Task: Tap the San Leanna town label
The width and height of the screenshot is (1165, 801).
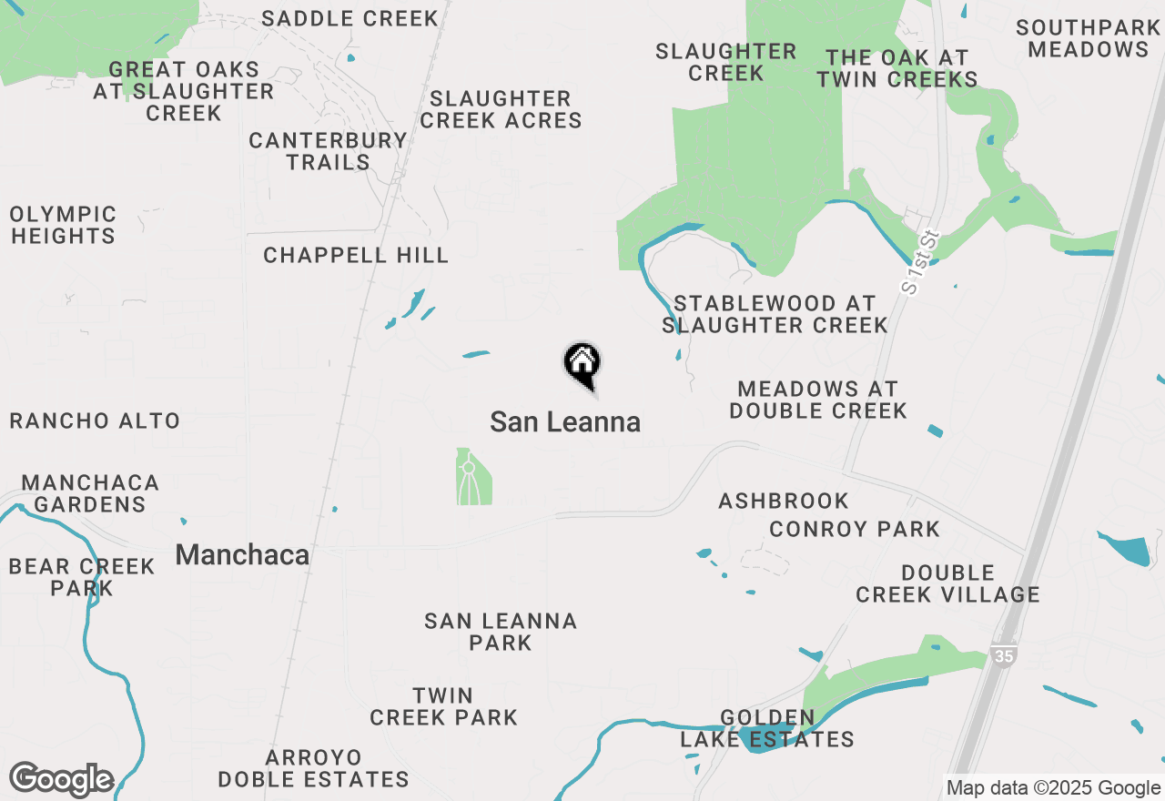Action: click(565, 422)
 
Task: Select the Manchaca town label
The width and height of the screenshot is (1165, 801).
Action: click(242, 555)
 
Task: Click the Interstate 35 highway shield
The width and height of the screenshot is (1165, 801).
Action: click(1003, 655)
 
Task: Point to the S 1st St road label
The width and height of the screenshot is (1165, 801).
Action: click(920, 262)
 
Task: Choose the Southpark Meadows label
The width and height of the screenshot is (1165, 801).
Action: click(1088, 39)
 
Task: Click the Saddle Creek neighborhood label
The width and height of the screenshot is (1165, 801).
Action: click(350, 18)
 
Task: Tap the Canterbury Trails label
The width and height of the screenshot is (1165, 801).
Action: click(328, 151)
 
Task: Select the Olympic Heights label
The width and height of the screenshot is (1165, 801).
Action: click(63, 225)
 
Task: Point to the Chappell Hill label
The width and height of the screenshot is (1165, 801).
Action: click(356, 256)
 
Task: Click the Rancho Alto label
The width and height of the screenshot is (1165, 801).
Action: click(95, 421)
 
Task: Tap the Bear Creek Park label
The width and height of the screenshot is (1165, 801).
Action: click(82, 577)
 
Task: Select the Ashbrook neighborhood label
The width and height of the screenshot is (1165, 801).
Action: click(784, 502)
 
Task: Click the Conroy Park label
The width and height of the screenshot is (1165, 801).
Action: click(855, 529)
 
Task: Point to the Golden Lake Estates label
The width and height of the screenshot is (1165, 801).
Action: click(768, 728)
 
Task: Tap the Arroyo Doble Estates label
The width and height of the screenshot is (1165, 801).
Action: click(313, 768)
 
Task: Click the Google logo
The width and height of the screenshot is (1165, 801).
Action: click(62, 780)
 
